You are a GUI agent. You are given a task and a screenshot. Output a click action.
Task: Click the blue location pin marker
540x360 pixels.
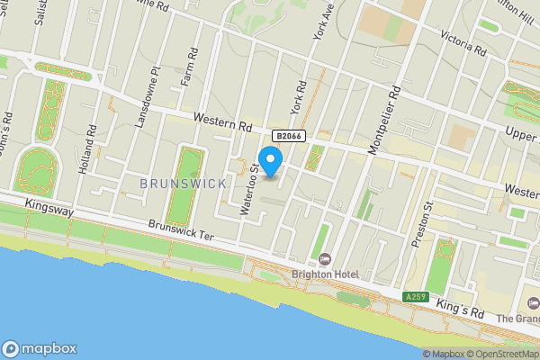pos(270,157)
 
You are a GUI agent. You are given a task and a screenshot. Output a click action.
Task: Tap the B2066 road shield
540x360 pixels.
pos(288,135)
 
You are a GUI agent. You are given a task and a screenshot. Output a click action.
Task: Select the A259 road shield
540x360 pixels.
pos(415,297)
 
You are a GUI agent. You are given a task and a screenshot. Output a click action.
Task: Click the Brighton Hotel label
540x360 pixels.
pos(324,274)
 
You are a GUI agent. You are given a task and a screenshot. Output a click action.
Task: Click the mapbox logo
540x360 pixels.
pos(40,348)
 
